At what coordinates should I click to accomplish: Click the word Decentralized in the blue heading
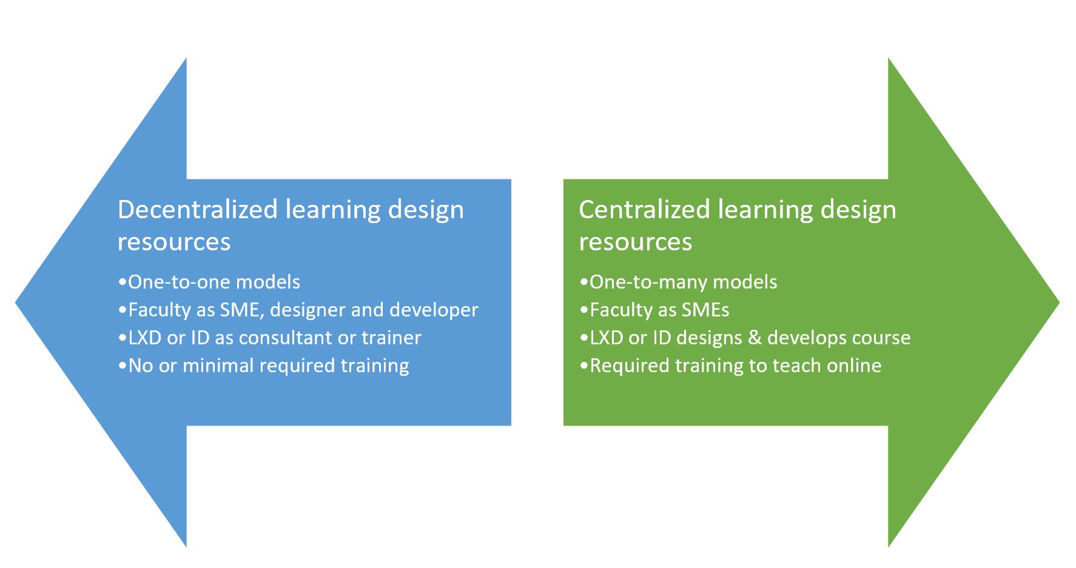pyautogui.click(x=197, y=210)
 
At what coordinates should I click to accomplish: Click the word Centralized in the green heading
pyautogui.click(x=644, y=210)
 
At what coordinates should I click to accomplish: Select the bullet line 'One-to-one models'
pyautogui.click(x=209, y=282)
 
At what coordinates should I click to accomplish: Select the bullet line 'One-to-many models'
pyautogui.click(x=678, y=282)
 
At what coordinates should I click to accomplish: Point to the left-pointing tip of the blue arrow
pyautogui.click(x=16, y=302)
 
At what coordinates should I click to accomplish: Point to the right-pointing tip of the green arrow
pyautogui.click(x=1058, y=302)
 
